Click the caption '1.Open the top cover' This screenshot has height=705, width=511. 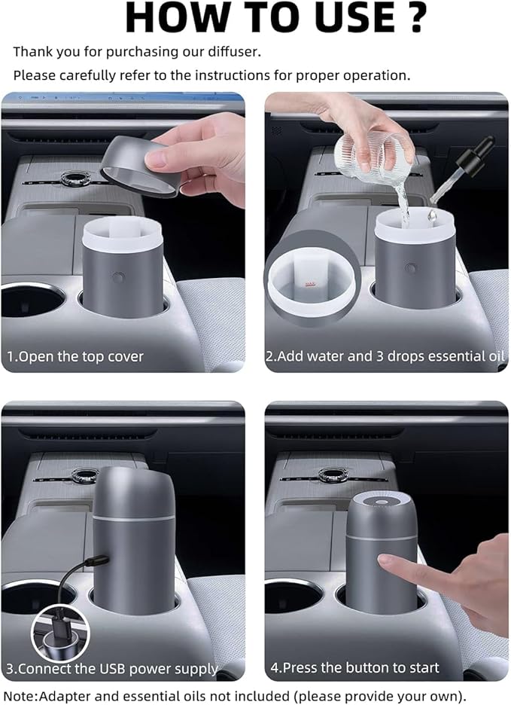click(75, 356)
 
